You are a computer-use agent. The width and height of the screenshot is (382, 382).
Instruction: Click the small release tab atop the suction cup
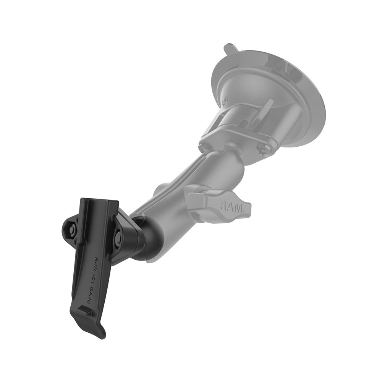pos(229,49)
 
